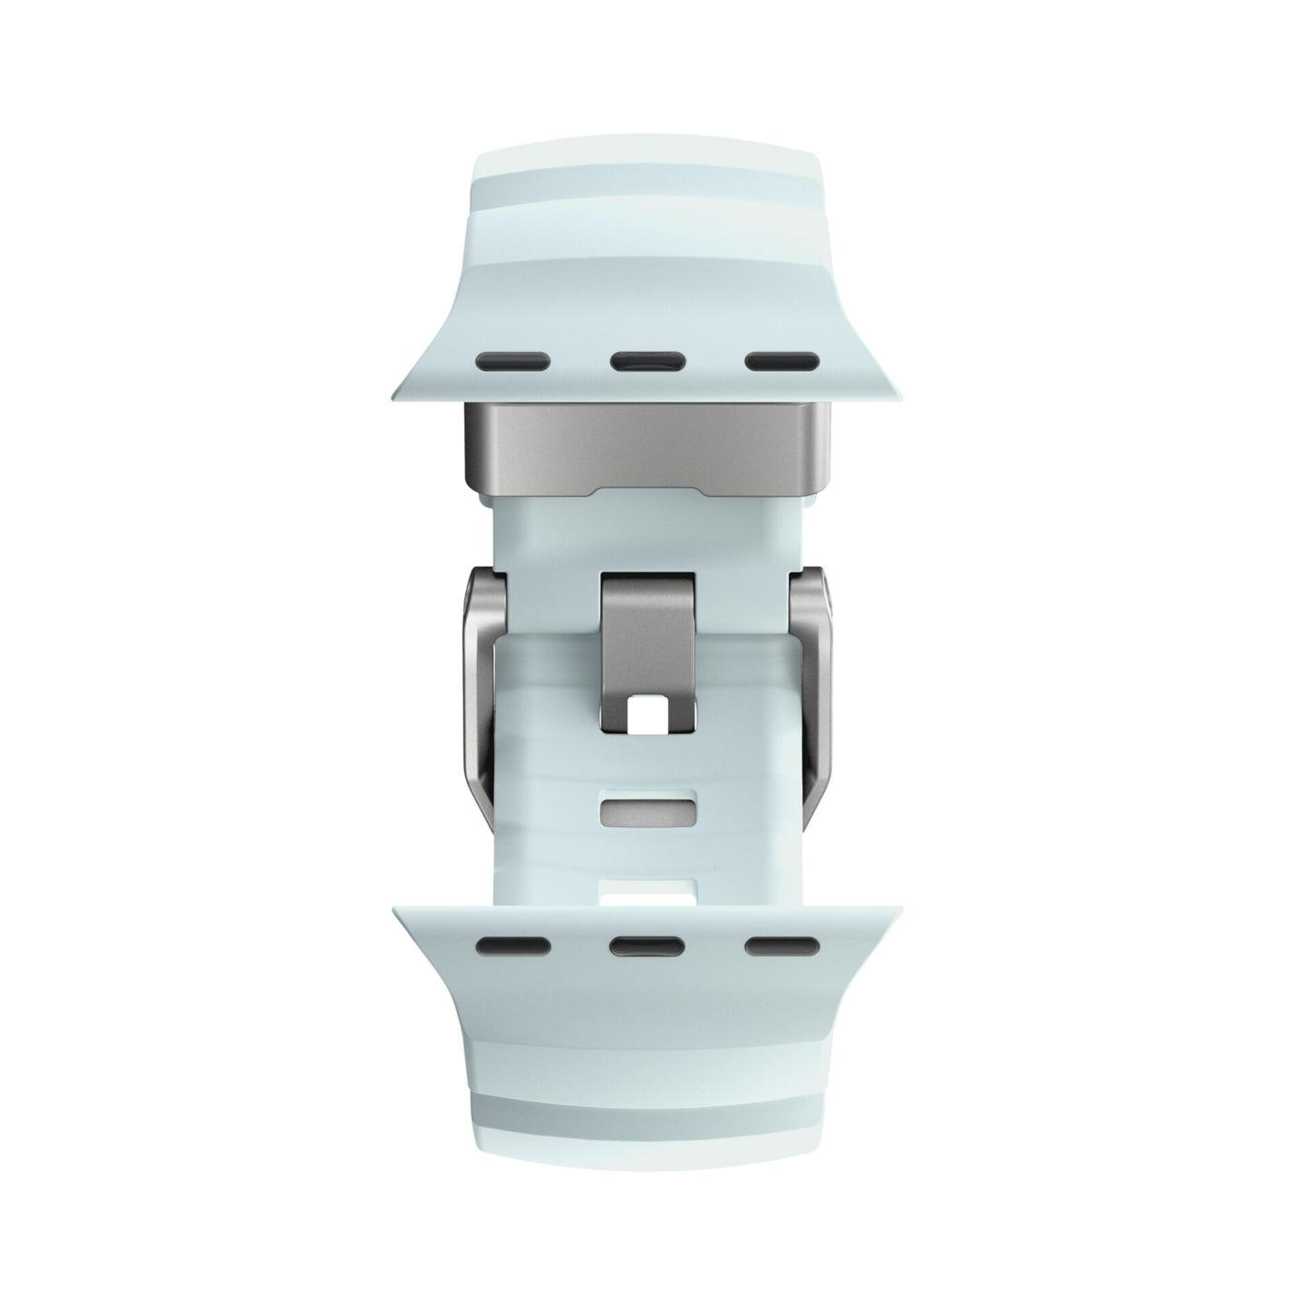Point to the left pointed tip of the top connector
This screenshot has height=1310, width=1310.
coord(397,393)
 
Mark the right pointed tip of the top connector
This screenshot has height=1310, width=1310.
coord(904,393)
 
